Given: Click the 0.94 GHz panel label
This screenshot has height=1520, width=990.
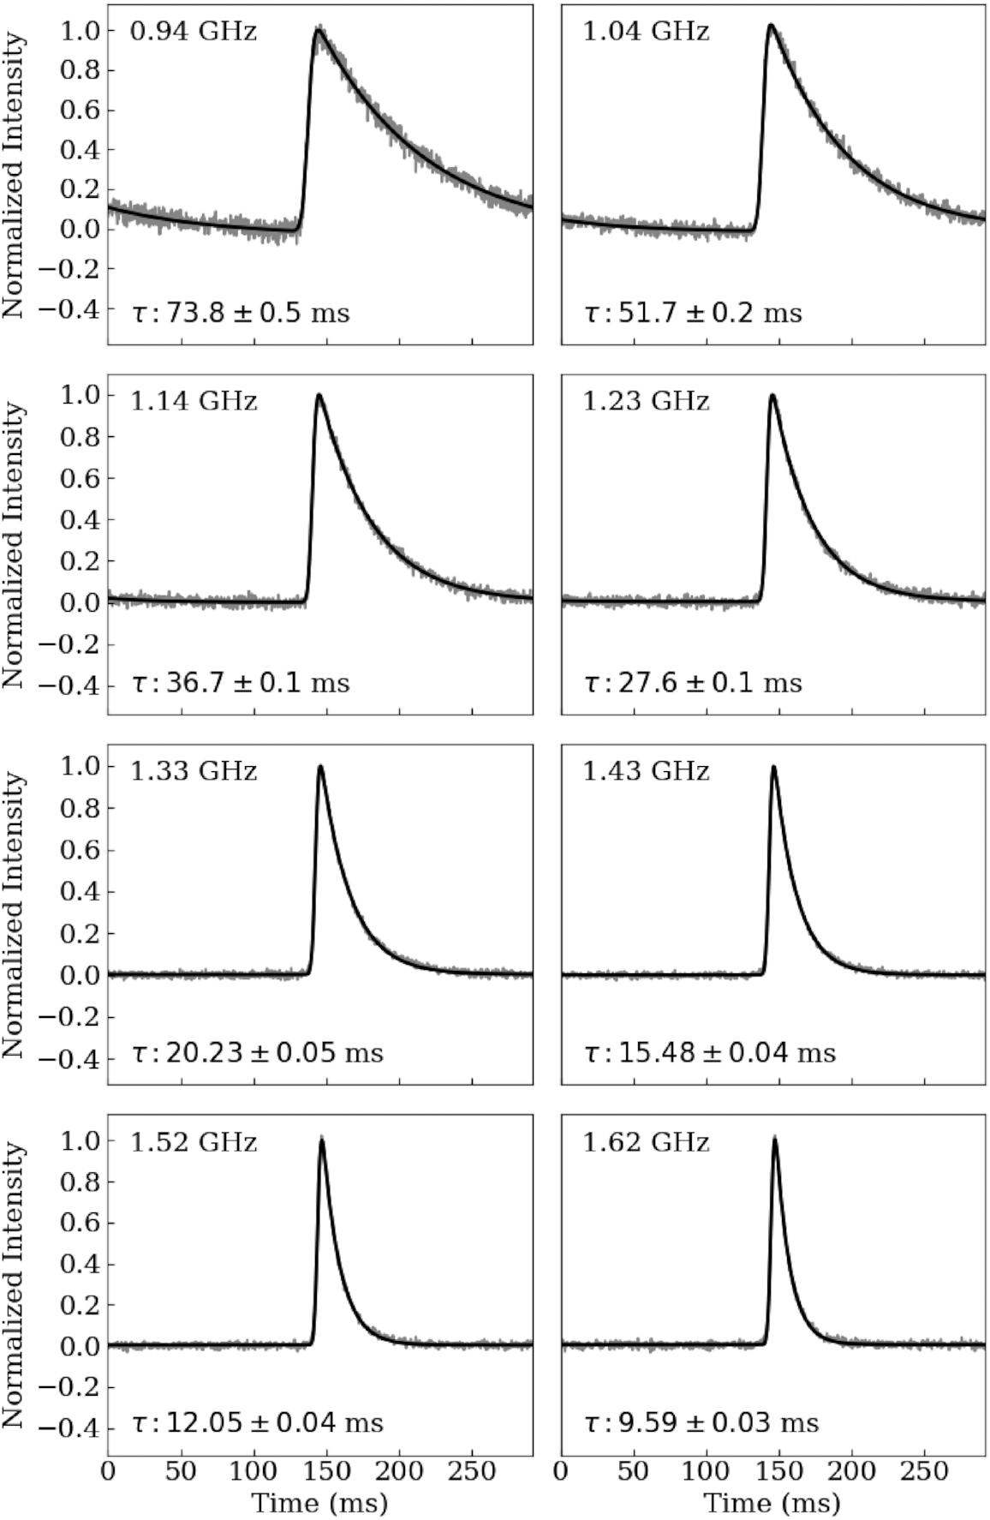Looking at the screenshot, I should (194, 33).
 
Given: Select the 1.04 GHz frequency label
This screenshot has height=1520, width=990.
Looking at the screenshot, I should (646, 33).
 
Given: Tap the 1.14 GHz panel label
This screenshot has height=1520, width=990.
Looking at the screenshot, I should (194, 401).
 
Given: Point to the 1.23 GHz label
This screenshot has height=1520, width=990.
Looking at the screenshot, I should (646, 401).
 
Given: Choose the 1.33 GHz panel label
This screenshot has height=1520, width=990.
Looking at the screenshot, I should (194, 771).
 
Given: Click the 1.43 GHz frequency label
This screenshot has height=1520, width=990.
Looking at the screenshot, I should (646, 771).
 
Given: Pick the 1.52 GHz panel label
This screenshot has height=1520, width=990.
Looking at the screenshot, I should (194, 1142).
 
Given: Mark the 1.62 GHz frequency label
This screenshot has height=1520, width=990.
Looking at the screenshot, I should (646, 1142).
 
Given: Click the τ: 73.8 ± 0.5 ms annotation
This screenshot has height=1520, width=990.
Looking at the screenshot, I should (241, 313).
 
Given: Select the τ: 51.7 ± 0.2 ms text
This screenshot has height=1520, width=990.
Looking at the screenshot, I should (693, 313).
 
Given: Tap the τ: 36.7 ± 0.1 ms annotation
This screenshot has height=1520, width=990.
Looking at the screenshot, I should (241, 683).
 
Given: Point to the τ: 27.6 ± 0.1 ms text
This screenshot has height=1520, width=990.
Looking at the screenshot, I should (693, 683).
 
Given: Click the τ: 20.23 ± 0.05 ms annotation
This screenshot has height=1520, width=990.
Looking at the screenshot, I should (258, 1052).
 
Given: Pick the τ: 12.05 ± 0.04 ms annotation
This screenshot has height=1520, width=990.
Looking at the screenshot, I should (258, 1423).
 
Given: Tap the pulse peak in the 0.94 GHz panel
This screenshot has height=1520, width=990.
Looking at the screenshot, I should (319, 32).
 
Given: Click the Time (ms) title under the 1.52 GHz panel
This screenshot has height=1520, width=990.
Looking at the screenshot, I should (319, 1503).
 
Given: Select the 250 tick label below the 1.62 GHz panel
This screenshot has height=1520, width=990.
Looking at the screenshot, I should (926, 1471).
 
